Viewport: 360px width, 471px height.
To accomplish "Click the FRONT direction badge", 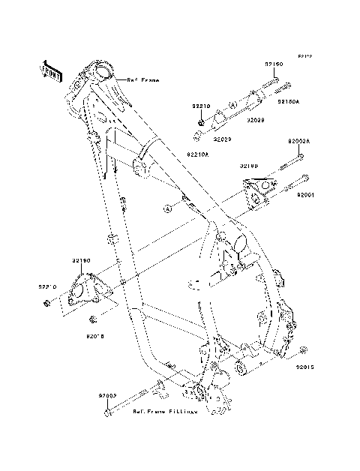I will (x=51, y=69).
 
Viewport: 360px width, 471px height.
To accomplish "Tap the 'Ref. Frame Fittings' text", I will (x=165, y=411).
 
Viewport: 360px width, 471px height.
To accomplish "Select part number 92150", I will (x=273, y=64).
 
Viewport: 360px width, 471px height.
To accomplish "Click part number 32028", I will (x=256, y=119).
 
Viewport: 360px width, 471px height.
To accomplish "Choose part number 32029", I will (x=221, y=139).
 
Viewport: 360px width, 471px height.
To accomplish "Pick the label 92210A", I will (x=197, y=152).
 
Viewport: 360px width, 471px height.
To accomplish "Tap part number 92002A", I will (x=298, y=141).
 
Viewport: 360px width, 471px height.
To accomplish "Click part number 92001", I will (x=305, y=193).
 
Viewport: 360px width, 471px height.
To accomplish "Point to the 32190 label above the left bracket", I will (x=81, y=260).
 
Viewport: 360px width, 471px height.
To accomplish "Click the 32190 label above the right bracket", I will (x=249, y=165).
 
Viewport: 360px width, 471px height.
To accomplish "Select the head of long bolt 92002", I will (x=109, y=412).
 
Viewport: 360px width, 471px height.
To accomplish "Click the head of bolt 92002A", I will (x=299, y=157).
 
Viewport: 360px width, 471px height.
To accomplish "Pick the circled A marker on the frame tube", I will (x=168, y=208).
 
